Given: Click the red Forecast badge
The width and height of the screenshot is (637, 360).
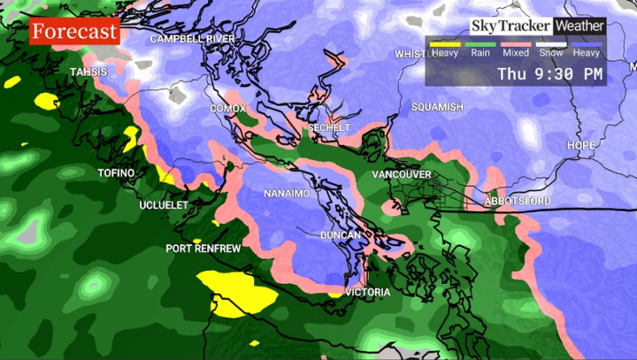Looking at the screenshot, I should (74, 32).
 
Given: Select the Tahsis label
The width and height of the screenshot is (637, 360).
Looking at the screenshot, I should (88, 72).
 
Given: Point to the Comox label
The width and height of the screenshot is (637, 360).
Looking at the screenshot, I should (227, 108).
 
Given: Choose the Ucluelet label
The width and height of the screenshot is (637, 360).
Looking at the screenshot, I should (164, 205).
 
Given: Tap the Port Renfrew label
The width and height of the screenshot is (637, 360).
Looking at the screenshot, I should (203, 249).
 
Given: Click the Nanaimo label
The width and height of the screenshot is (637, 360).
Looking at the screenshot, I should (287, 193).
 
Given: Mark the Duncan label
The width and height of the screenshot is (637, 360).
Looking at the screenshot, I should (341, 235).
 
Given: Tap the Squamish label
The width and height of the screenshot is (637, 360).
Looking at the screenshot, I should (437, 107).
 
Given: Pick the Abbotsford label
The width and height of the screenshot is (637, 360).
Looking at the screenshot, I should (518, 203).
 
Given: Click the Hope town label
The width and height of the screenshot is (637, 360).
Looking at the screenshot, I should (581, 145).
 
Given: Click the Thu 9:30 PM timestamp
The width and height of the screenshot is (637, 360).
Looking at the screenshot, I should (550, 74).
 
